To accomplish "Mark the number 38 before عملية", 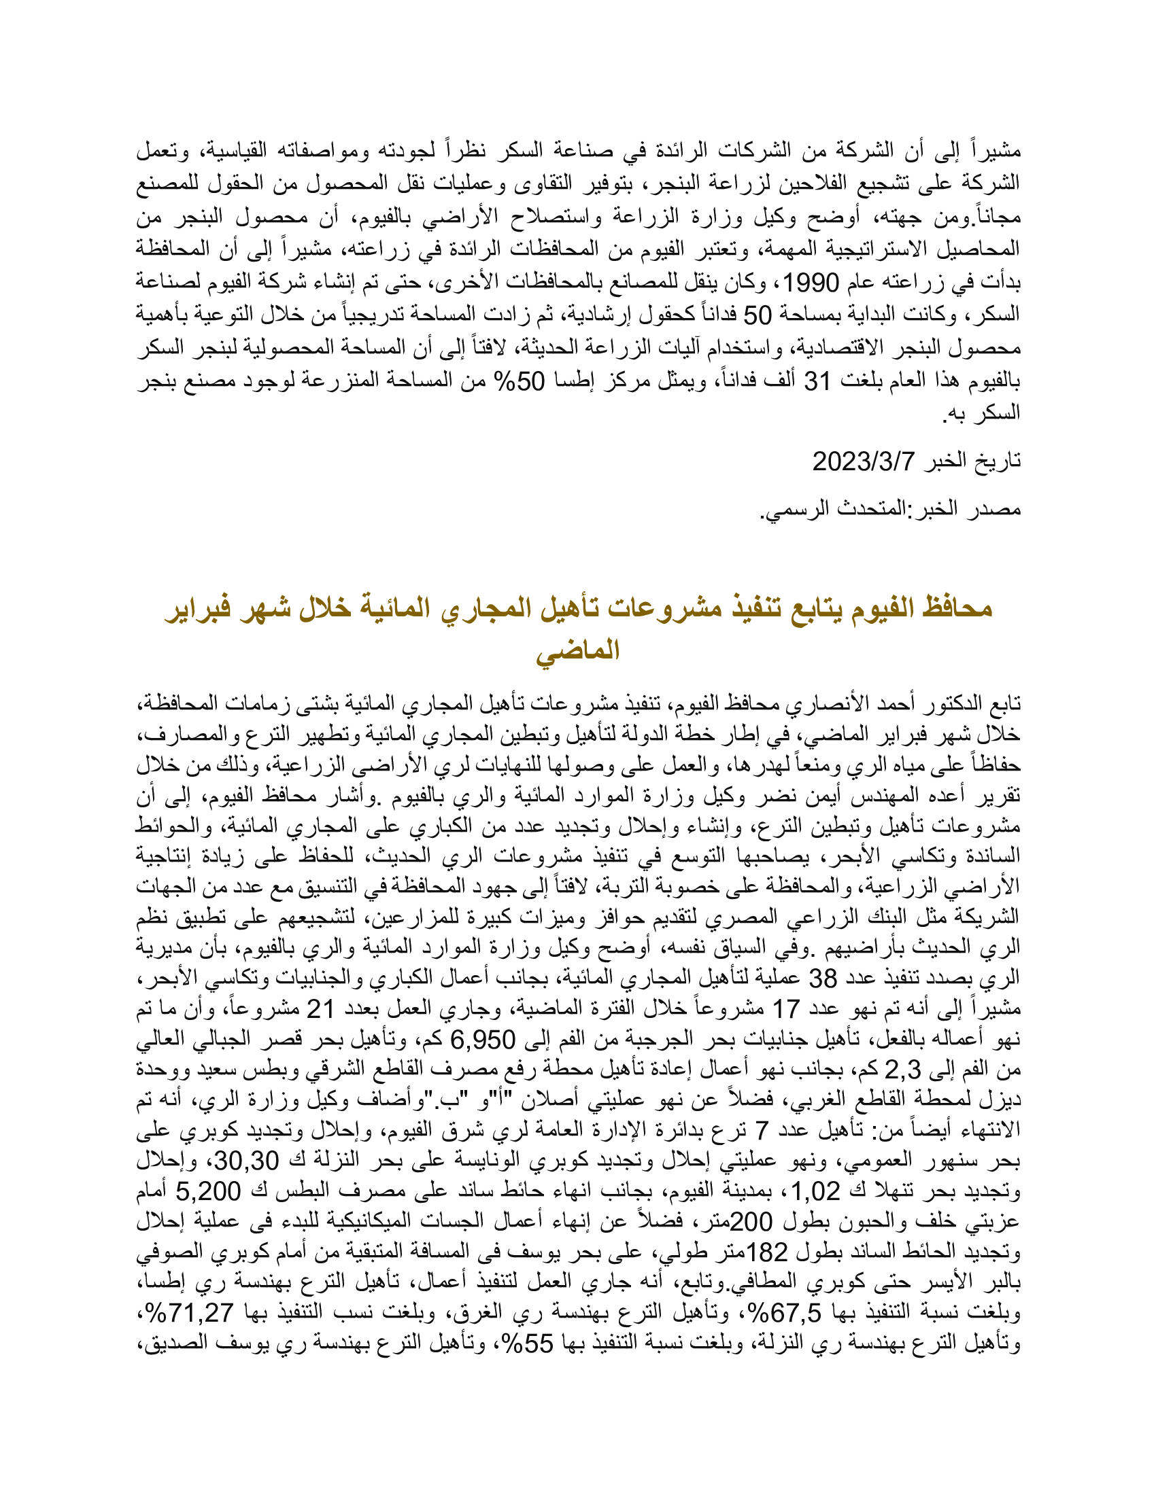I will click(x=824, y=979).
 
